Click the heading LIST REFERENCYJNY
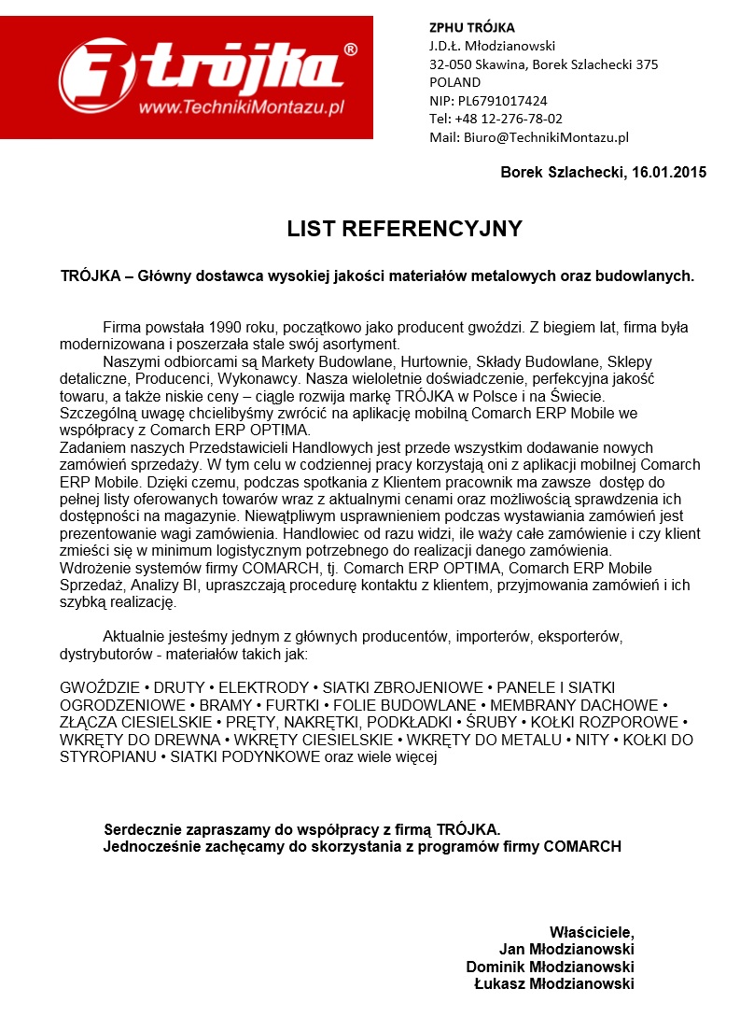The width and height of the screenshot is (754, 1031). pos(404,230)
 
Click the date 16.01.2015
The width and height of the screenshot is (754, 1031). pos(669,172)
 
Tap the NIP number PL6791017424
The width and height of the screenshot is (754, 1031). pos(502,101)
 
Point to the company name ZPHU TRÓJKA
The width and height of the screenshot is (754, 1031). pos(471,27)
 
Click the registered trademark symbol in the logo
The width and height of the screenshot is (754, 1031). pos(350,49)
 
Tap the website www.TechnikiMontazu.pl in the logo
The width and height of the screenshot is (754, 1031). pos(242,108)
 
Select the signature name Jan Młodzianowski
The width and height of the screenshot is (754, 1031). pos(567,950)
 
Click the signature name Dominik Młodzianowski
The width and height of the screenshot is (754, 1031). pos(551,967)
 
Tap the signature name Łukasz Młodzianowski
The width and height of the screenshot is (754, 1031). pos(554,983)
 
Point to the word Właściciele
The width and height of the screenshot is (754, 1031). pos(592,932)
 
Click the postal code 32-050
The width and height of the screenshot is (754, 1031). pos(451,64)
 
